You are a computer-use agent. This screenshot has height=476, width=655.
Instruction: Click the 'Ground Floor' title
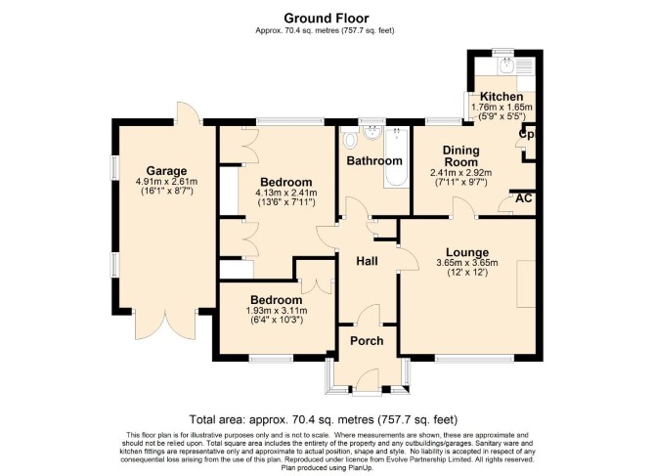tap(327, 19)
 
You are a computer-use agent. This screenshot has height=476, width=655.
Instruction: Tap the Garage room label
tap(166, 171)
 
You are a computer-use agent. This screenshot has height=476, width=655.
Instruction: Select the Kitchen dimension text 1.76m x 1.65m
tap(502, 108)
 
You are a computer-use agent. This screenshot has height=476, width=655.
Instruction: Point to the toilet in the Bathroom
tap(349, 139)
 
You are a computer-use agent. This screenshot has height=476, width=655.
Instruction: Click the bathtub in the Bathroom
tap(397, 157)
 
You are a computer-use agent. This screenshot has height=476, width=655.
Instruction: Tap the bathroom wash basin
tap(372, 133)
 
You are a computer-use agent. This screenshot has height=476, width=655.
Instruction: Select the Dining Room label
tap(460, 155)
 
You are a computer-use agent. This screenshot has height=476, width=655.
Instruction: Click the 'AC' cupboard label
tap(523, 198)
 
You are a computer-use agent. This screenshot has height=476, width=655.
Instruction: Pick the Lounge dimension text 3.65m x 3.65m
tap(467, 263)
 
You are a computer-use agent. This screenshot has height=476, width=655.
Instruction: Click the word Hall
tap(367, 261)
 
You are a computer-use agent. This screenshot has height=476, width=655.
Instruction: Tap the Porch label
tap(367, 341)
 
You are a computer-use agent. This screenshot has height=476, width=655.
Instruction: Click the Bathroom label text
tap(374, 160)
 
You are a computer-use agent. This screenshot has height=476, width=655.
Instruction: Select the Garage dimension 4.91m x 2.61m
tap(166, 182)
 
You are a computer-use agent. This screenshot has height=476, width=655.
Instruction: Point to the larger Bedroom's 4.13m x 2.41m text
tap(286, 193)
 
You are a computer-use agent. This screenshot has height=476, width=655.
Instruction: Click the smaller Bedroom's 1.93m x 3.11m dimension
tap(277, 311)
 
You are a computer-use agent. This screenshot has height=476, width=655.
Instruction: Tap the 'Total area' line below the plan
tap(324, 418)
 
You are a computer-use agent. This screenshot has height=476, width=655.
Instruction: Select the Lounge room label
tap(467, 252)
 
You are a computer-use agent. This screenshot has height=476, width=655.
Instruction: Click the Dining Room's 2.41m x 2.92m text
tap(460, 172)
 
